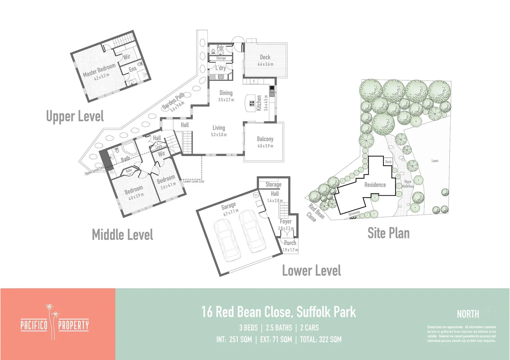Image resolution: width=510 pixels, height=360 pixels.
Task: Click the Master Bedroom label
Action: coord(99,70)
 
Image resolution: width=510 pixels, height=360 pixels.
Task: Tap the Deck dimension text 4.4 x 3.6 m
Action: coord(265,64)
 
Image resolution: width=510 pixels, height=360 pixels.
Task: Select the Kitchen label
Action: coord(259,103)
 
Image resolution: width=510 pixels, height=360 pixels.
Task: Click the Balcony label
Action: coord(265,139)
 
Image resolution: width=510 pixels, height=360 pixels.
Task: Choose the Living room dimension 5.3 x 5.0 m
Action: coord(219,135)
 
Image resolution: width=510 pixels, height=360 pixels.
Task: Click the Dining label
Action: coord(226,93)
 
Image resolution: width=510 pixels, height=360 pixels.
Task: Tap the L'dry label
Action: coord(220,68)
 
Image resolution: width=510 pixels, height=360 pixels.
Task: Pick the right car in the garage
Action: coord(252,231)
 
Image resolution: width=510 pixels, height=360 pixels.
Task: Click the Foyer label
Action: coord(286,221)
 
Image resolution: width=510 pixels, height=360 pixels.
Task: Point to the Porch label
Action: coord(290,243)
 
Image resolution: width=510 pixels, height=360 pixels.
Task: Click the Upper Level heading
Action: coord(75,116)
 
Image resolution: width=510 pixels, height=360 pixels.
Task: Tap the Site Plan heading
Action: coord(388,233)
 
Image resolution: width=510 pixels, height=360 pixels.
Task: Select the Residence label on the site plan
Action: coord(375,185)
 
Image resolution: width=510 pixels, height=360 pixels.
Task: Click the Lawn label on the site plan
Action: coord(435,161)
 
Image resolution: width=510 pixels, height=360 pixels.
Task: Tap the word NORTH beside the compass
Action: coord(468,314)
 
